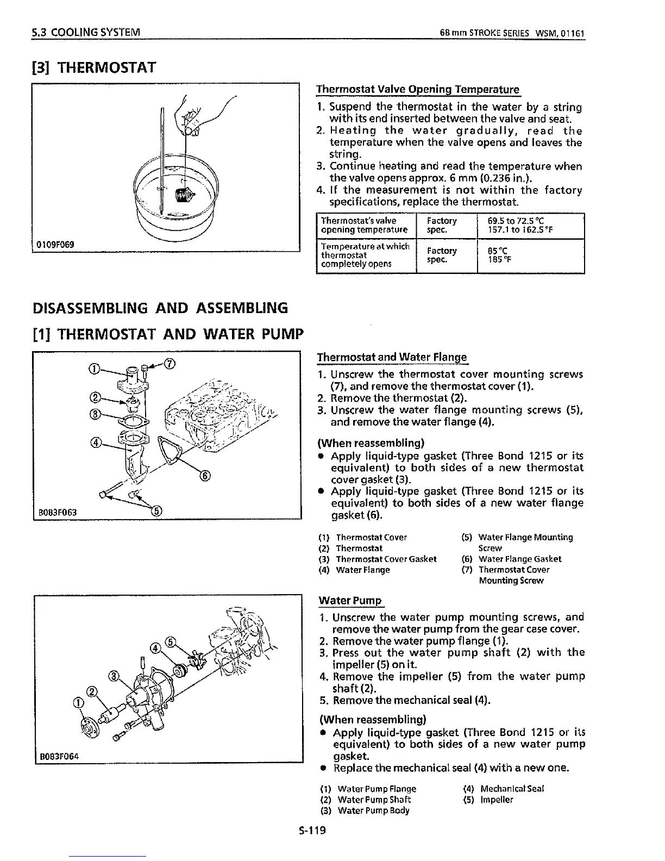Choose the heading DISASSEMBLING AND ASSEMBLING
point(160,308)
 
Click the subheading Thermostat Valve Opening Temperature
point(418,89)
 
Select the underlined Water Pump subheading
point(350,600)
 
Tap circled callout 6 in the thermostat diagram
point(205,476)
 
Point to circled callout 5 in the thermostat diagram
point(156,510)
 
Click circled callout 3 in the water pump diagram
point(114,676)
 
